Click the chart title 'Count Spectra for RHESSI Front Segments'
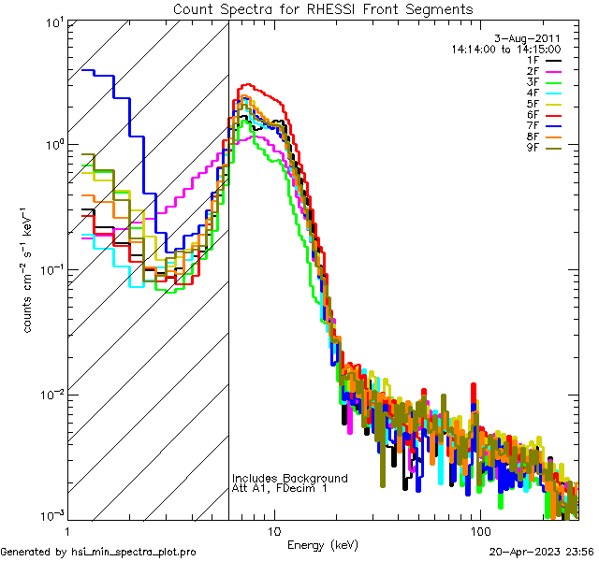coord(323,8)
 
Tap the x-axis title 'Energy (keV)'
coord(322,544)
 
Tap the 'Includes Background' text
coord(290,478)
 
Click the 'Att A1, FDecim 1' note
coord(281,489)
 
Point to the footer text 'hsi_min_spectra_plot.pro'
coord(134,553)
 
